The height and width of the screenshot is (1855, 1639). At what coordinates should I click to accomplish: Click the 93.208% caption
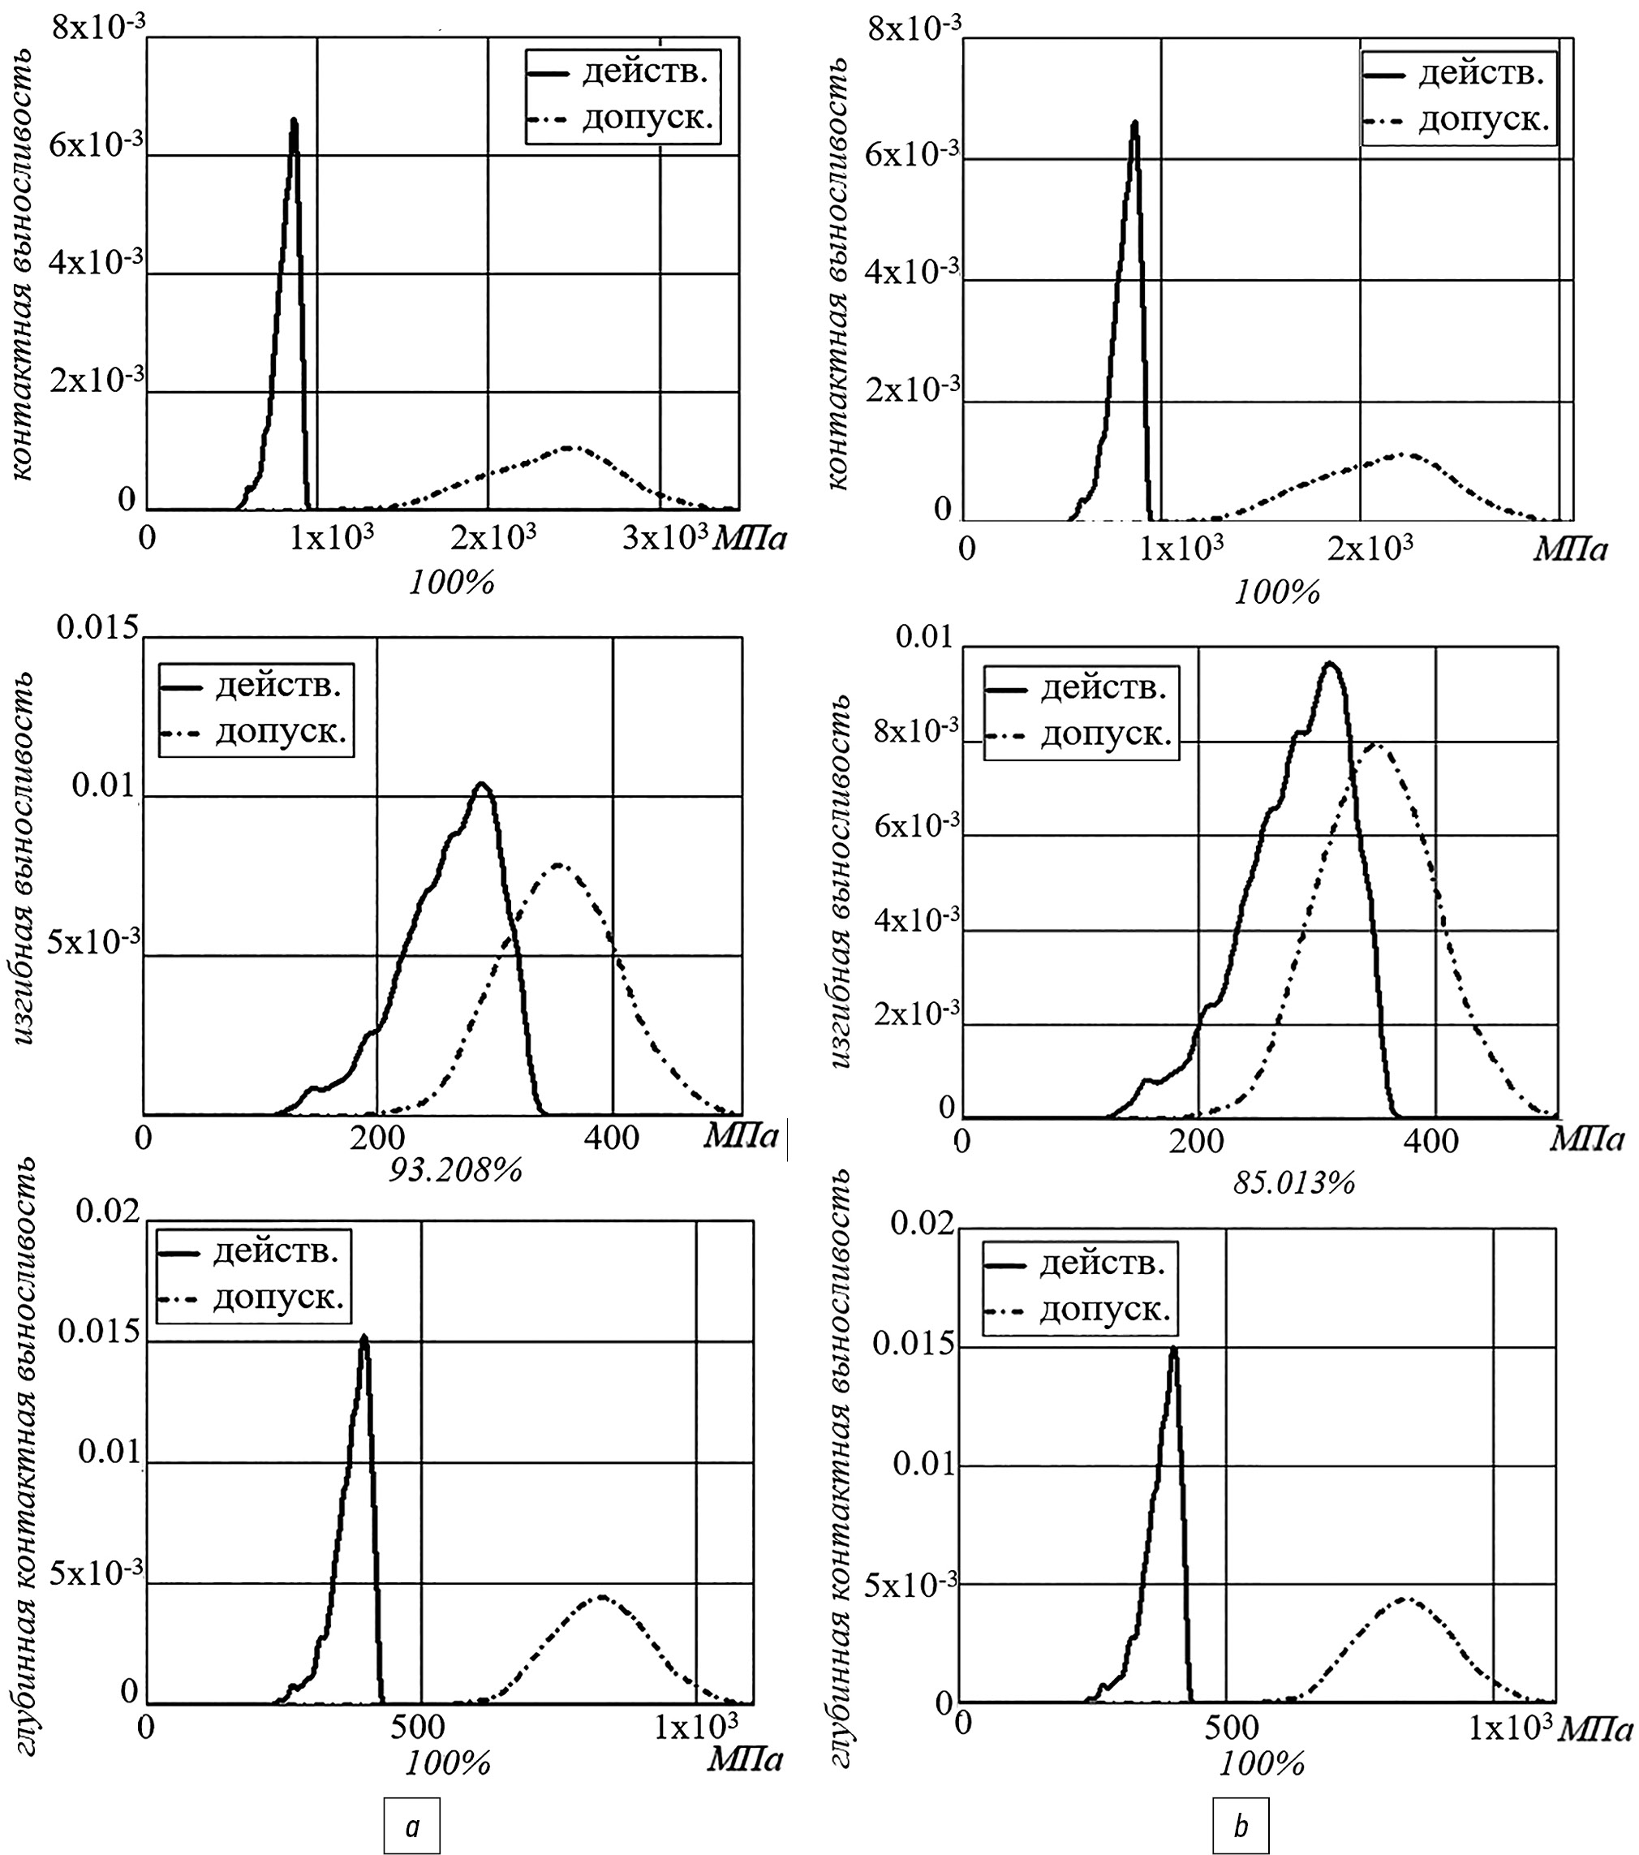pos(455,1170)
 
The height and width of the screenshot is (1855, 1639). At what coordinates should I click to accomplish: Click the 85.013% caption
pos(1294,1181)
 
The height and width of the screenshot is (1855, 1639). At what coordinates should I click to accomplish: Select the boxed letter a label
pos(412,1826)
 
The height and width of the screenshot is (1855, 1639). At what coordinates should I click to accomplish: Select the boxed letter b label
pos(1241,1826)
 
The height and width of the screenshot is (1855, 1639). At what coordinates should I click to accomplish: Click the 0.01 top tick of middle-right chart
pos(925,637)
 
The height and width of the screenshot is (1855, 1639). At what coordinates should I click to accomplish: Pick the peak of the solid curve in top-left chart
pos(294,120)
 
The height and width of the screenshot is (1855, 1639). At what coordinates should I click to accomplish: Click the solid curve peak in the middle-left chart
pos(483,783)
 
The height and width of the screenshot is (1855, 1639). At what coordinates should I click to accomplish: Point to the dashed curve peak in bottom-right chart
pos(1405,1598)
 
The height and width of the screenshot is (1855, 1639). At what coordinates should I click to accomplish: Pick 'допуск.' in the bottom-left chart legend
pos(278,1298)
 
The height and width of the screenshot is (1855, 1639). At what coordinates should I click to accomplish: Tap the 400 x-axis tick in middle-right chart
pos(1431,1141)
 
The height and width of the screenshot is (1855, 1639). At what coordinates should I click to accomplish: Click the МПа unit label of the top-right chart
pos(1569,550)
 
